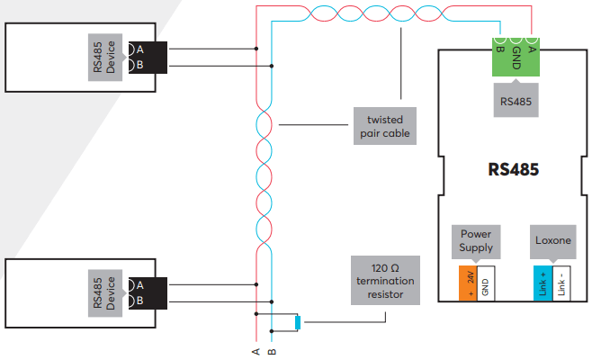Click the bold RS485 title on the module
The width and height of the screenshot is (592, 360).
click(514, 169)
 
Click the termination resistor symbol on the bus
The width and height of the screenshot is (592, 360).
click(297, 321)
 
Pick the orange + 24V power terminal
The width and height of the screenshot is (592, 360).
click(467, 283)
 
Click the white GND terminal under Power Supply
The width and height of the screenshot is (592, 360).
click(486, 283)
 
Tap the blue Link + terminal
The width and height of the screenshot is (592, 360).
click(542, 283)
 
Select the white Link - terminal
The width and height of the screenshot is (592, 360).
click(561, 283)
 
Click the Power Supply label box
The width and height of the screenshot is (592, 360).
click(476, 240)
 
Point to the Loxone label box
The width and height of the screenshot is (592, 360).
click(552, 240)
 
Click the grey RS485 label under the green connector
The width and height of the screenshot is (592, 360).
click(515, 101)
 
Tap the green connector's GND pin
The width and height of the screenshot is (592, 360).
click(515, 42)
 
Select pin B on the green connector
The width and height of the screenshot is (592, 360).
click(498, 42)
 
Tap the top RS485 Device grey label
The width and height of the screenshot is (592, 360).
click(106, 58)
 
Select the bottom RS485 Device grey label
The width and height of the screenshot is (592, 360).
click(106, 292)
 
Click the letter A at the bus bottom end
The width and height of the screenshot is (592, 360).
click(256, 351)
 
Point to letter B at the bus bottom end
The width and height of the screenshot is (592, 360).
click(272, 351)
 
